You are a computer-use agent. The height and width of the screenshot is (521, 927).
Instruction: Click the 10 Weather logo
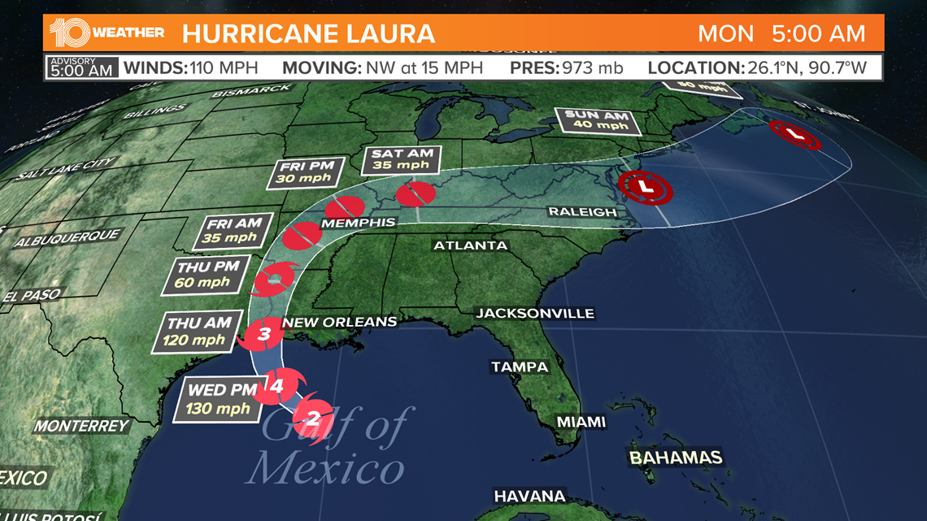click(107, 33)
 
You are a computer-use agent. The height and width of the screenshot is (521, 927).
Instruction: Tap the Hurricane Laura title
click(308, 34)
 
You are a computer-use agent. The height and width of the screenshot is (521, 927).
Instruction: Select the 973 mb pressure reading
click(592, 67)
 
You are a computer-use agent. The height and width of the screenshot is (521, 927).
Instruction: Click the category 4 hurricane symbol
click(276, 387)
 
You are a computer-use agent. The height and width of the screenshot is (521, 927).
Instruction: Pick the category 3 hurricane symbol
click(263, 333)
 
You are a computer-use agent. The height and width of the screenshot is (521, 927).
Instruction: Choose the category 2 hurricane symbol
click(313, 419)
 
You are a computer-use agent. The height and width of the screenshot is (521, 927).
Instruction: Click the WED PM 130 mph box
click(218, 400)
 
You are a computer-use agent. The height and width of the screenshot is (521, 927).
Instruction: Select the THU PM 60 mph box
click(202, 275)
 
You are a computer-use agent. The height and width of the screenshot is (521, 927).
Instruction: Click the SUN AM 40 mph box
click(597, 120)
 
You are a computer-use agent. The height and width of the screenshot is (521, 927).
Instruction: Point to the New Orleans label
click(339, 323)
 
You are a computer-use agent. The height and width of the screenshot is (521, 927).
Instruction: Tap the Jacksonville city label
click(535, 313)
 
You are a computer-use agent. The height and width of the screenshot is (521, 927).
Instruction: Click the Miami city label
click(581, 421)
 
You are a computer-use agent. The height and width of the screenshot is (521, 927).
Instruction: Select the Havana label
click(529, 496)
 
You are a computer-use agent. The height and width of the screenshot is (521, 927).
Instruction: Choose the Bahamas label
click(676, 457)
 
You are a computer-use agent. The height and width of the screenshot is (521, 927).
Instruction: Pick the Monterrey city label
click(81, 426)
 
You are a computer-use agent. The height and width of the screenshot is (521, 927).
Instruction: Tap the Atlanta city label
click(470, 245)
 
